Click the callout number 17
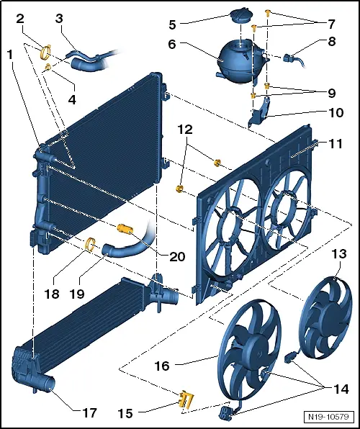(x=89, y=413)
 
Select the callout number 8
(x=333, y=41)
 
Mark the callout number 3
(x=60, y=18)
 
